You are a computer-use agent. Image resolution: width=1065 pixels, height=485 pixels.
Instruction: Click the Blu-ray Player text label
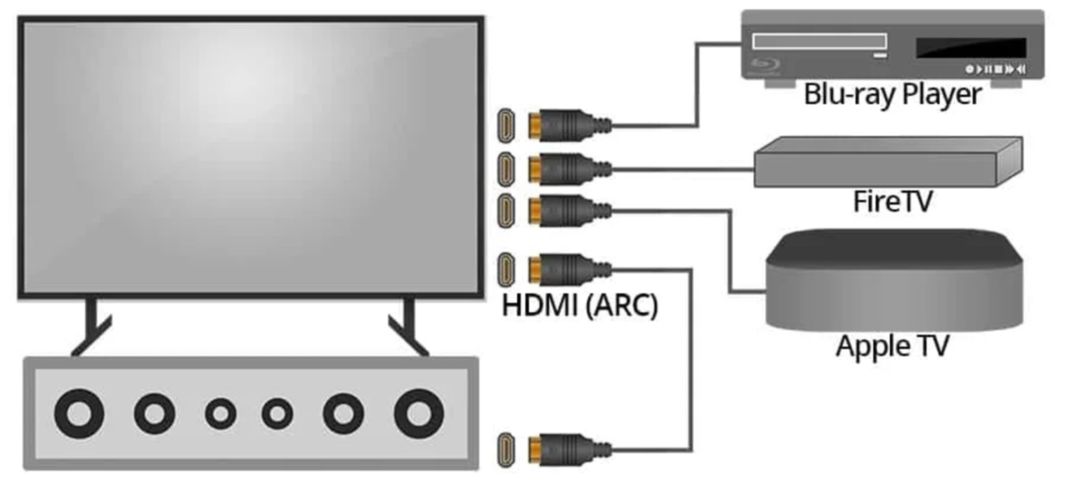[892, 94]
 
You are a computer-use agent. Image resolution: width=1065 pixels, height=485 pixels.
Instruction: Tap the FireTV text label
[892, 201]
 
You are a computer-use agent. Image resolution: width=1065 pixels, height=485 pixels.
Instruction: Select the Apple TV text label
[892, 346]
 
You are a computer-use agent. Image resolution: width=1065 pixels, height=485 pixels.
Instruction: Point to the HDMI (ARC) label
[580, 305]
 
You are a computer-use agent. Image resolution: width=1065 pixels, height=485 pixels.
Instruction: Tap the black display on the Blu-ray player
[971, 48]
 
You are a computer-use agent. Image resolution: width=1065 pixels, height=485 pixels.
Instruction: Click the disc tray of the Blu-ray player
[819, 41]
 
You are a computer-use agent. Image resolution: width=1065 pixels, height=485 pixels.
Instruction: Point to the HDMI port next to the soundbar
[505, 450]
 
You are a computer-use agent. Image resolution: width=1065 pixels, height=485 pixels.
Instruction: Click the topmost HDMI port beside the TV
[505, 125]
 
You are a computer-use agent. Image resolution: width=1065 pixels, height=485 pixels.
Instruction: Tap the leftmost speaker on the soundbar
[79, 414]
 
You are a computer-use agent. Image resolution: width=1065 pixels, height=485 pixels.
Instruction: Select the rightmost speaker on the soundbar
[419, 414]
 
